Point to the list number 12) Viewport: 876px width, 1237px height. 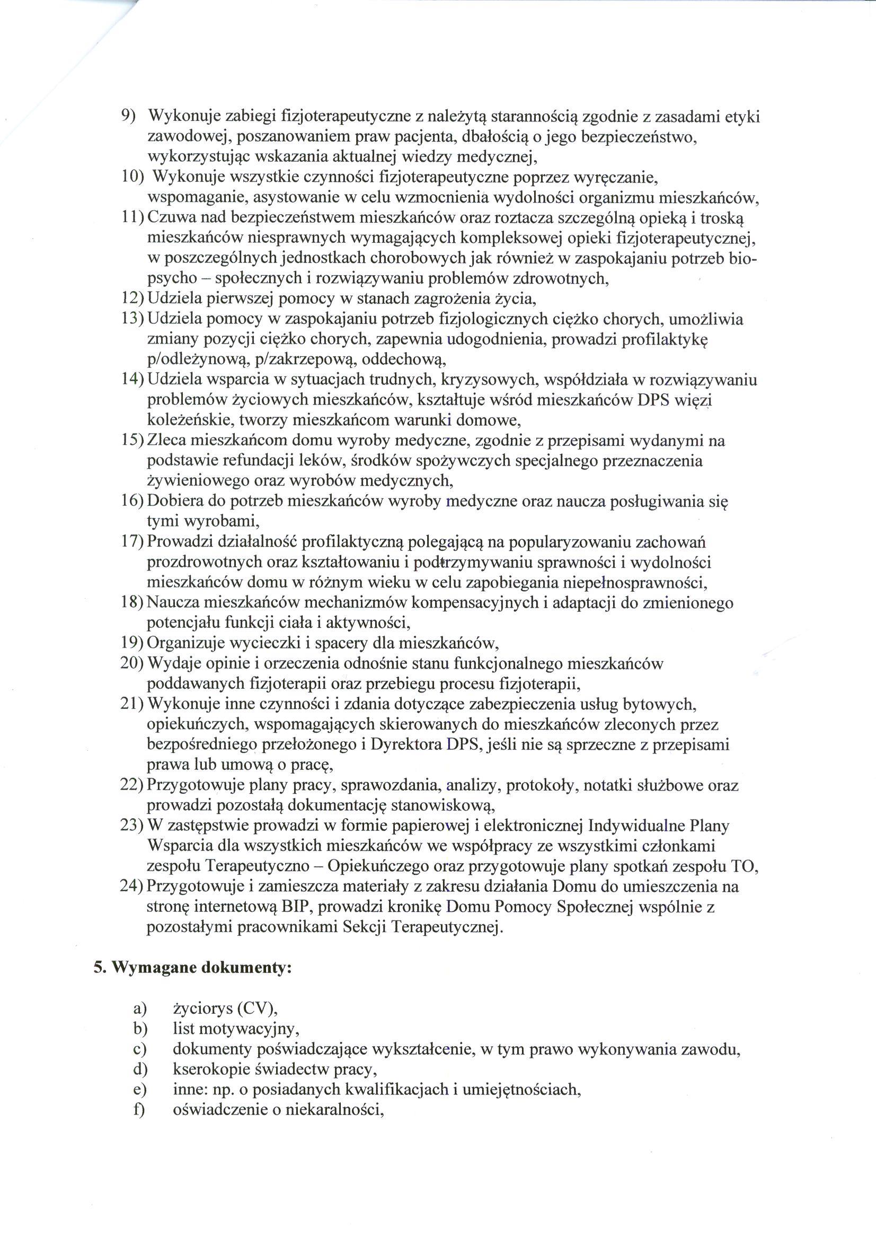pos(132,299)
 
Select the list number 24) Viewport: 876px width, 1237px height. pos(132,887)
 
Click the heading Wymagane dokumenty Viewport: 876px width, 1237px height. pos(202,968)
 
